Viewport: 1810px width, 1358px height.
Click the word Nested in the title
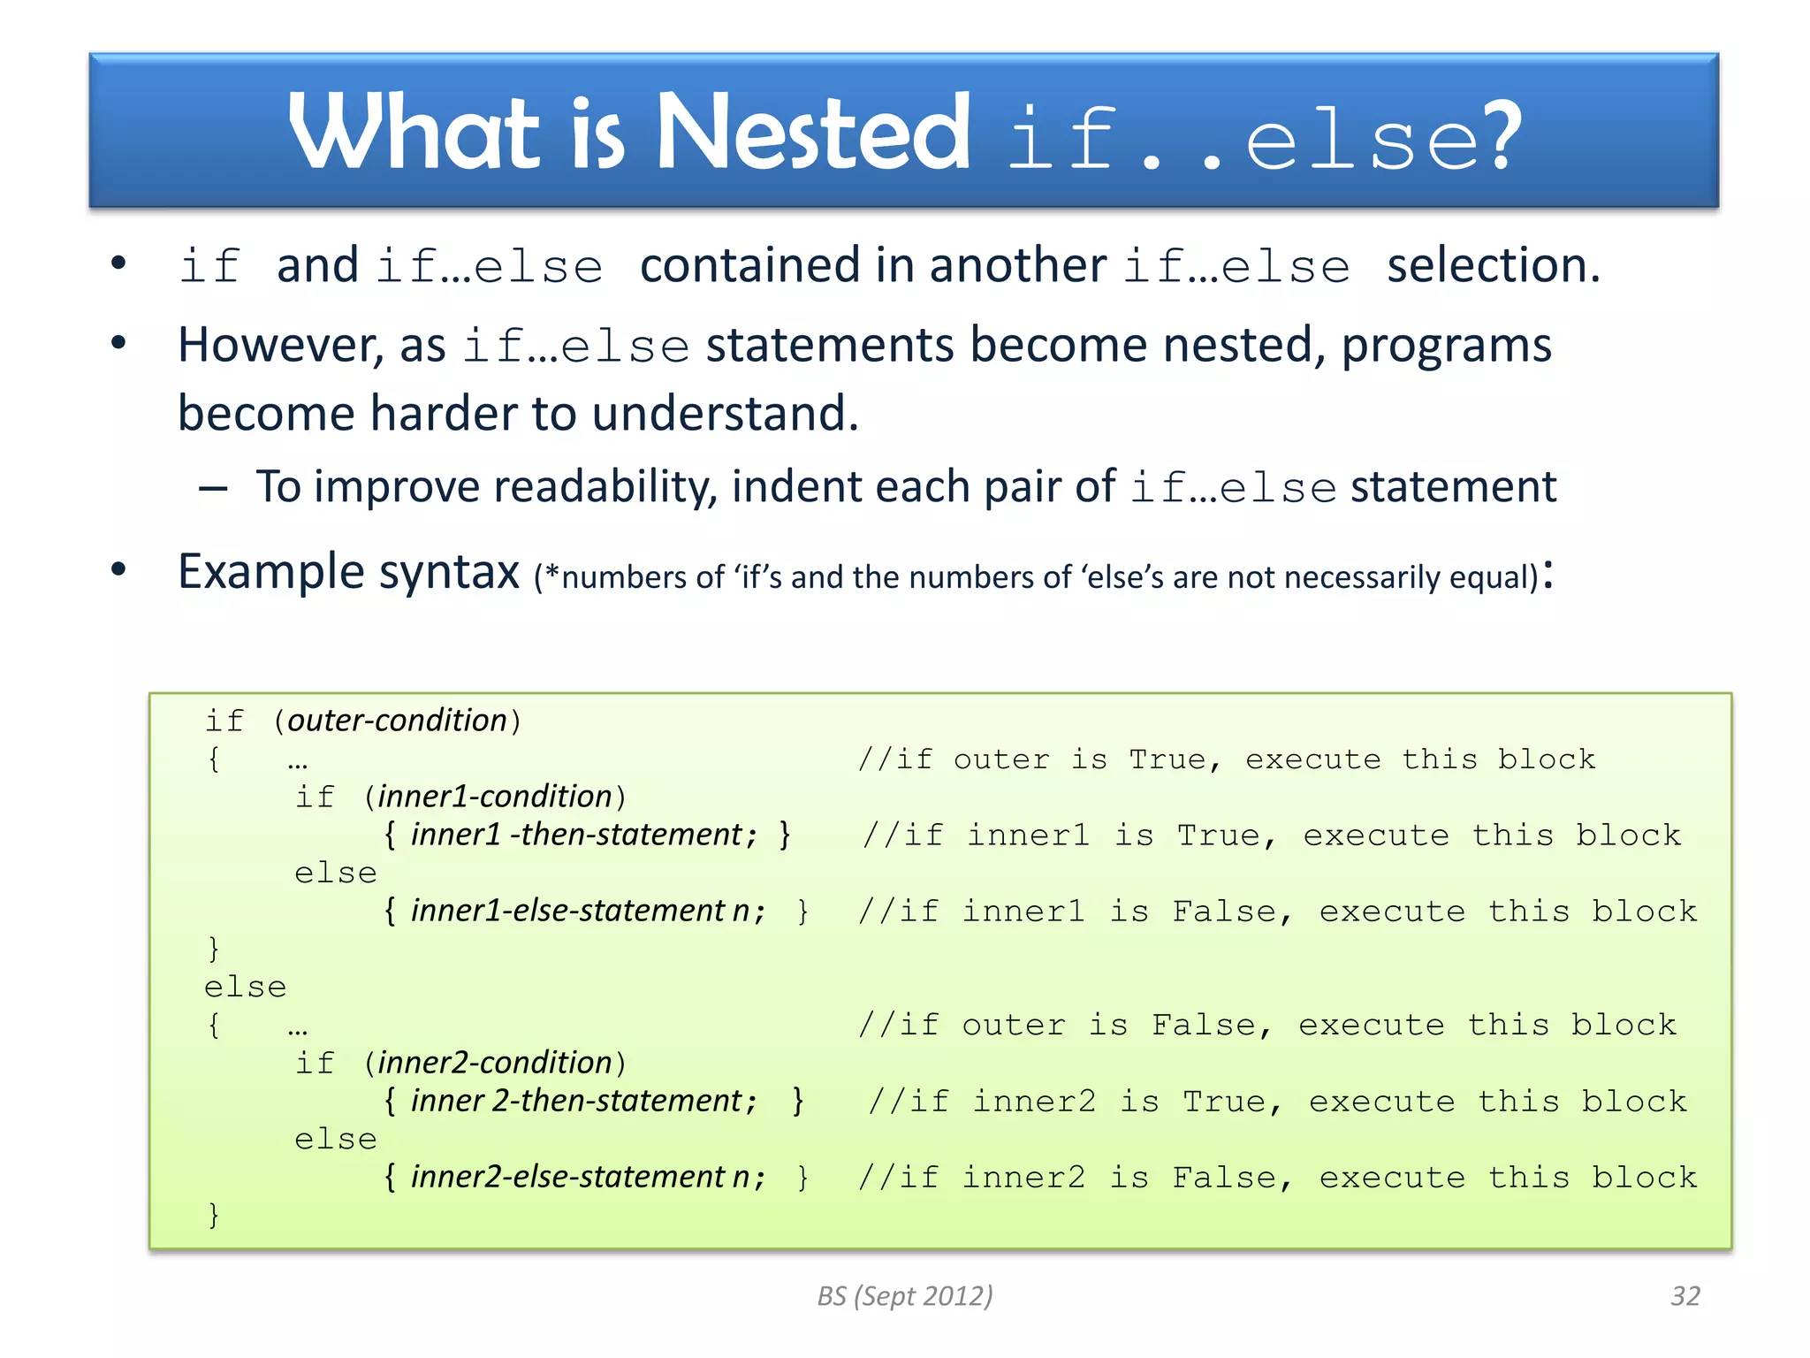(x=813, y=133)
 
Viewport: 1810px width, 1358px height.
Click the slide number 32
(x=1685, y=1295)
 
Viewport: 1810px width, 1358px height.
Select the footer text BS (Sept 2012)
(x=905, y=1295)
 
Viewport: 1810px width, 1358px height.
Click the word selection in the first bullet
(x=1492, y=265)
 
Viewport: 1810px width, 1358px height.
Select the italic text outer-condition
(x=398, y=721)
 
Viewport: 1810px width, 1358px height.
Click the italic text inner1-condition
(x=495, y=797)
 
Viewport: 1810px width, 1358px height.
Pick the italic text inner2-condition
(x=495, y=1063)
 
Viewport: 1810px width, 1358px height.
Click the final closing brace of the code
(x=213, y=1215)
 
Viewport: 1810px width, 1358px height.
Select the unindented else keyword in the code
(x=245, y=987)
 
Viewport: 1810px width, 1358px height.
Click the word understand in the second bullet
(x=725, y=414)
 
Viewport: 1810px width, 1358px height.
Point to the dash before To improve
(x=213, y=488)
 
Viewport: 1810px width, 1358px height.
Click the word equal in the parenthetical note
(x=1493, y=577)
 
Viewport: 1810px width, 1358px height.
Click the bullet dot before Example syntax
(x=118, y=570)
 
